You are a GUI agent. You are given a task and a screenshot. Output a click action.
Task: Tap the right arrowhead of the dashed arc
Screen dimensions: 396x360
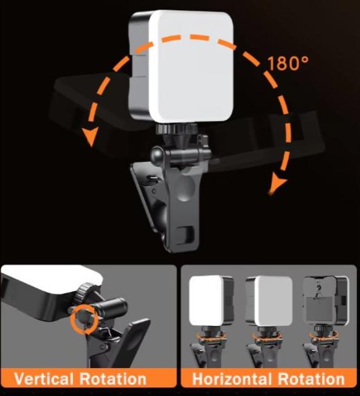(277, 183)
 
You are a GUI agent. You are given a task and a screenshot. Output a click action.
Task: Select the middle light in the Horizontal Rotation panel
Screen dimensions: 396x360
(269, 300)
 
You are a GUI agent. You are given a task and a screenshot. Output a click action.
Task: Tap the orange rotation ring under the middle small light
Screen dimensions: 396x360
(268, 335)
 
